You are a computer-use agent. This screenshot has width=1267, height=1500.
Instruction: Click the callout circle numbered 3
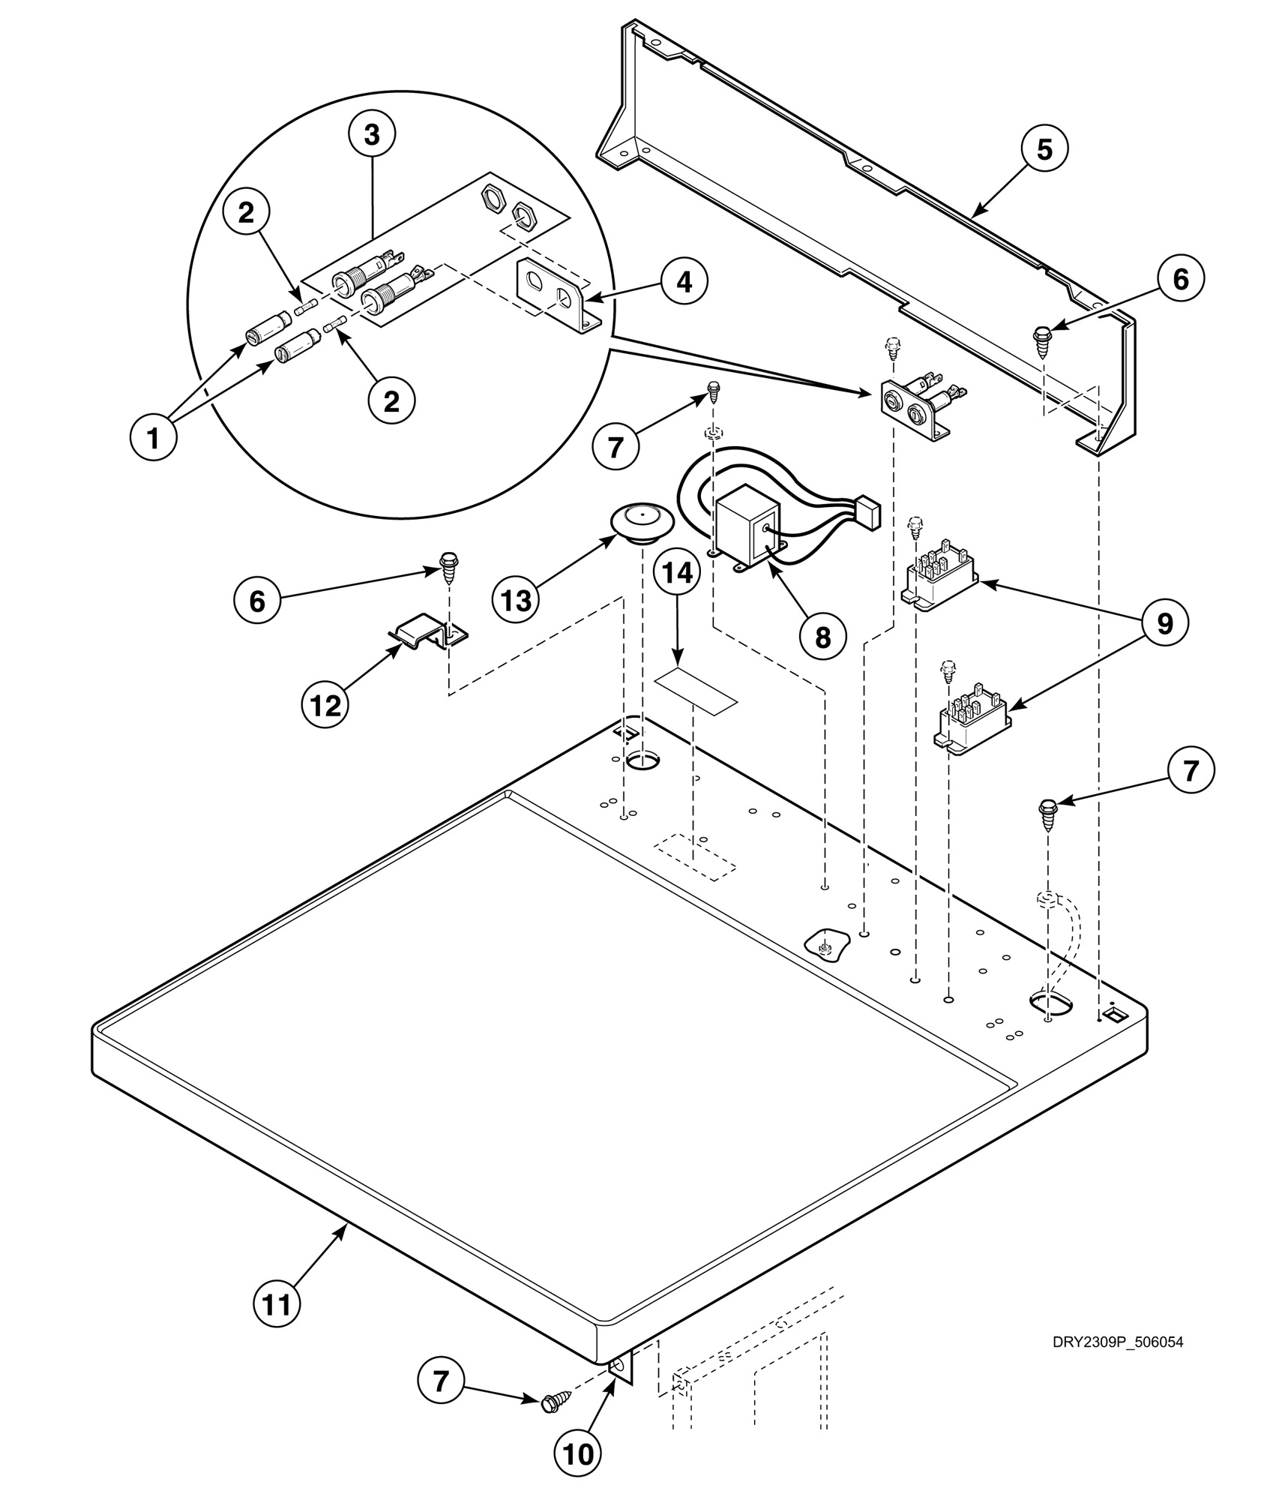coord(372,135)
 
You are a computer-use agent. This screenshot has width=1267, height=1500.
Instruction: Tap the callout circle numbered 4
coord(683,282)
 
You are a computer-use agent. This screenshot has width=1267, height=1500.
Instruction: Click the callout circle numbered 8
coord(822,637)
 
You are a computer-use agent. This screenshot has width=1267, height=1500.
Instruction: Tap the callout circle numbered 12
coord(325,704)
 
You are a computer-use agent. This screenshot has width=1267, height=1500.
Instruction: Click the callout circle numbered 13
coord(517,599)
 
